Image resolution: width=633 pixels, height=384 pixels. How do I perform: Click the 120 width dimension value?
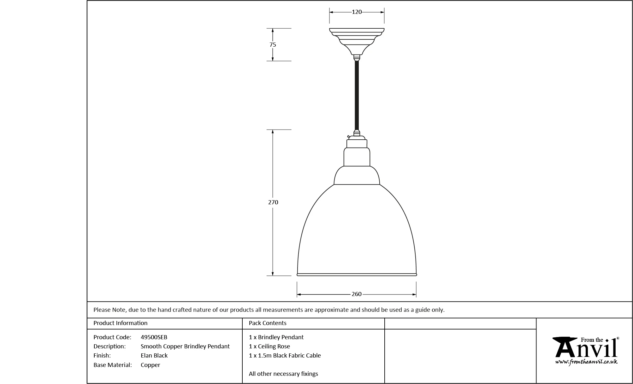[357, 12]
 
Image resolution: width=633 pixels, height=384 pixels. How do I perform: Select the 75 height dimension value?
[273, 45]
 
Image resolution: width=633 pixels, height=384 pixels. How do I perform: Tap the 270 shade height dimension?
[273, 202]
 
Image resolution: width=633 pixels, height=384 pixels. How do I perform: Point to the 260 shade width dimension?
[357, 294]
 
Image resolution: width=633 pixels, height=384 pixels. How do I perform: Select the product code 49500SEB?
[154, 337]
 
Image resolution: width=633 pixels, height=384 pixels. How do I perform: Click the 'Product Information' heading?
[121, 323]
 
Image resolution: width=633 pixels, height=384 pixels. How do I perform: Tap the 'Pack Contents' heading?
[268, 323]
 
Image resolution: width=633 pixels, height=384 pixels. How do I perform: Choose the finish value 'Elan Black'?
[154, 356]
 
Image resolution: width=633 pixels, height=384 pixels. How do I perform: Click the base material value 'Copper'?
[151, 365]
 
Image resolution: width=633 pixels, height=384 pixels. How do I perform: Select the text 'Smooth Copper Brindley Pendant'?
[185, 346]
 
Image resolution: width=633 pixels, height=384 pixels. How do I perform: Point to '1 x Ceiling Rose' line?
[269, 346]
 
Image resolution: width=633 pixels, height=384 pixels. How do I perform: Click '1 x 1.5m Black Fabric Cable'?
[285, 356]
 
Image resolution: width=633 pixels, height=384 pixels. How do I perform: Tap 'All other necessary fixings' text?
[283, 374]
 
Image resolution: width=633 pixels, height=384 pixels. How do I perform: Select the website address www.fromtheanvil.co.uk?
[586, 362]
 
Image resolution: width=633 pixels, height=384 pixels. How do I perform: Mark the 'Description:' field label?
[109, 346]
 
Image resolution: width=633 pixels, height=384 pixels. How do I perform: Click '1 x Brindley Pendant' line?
[276, 337]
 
